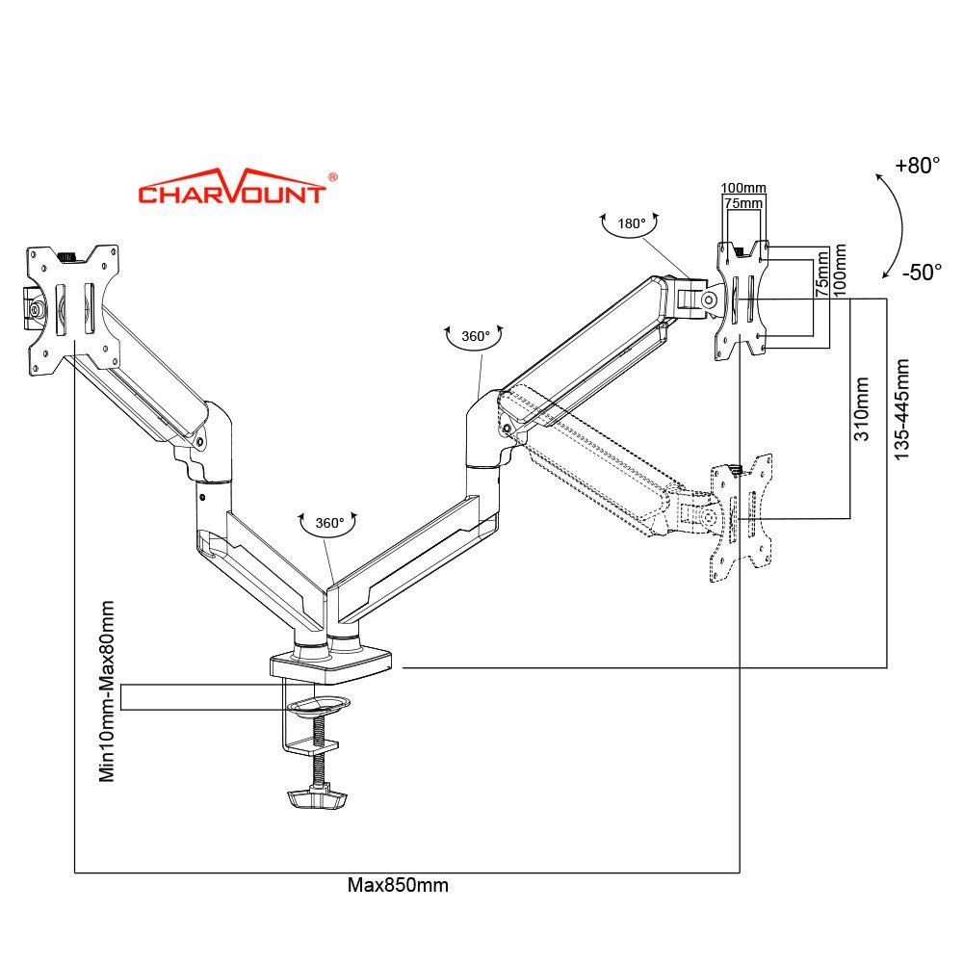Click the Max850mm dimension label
tap(398, 885)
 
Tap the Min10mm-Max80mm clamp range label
tap(107, 690)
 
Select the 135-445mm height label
tap(901, 409)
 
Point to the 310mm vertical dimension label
tap(862, 409)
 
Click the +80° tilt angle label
tap(918, 166)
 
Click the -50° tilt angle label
tap(922, 273)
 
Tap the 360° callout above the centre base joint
tap(329, 523)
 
